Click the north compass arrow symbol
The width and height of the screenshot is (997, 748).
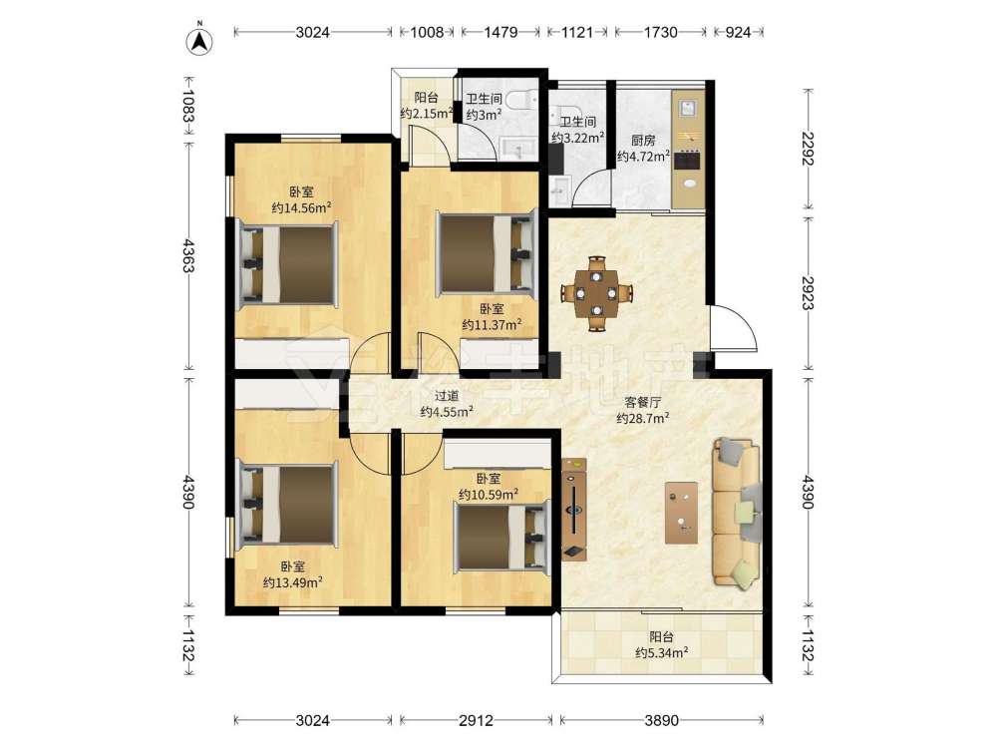[199, 40]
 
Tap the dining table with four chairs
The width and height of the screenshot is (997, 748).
[596, 293]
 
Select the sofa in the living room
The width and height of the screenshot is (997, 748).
[737, 511]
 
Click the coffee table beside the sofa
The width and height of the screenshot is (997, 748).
[681, 513]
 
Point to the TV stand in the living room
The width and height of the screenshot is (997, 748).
[574, 510]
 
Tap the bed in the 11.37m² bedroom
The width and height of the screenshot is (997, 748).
[486, 253]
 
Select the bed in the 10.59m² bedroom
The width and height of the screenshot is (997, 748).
[501, 535]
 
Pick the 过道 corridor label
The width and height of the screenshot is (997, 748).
[447, 396]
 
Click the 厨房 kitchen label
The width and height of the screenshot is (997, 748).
[643, 141]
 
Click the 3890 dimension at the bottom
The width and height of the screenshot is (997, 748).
[661, 720]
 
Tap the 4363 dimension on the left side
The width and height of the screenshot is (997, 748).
[187, 255]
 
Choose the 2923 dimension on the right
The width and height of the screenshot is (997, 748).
[809, 292]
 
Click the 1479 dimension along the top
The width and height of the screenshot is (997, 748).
[501, 32]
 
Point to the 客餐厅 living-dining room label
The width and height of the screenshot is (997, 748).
[643, 402]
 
